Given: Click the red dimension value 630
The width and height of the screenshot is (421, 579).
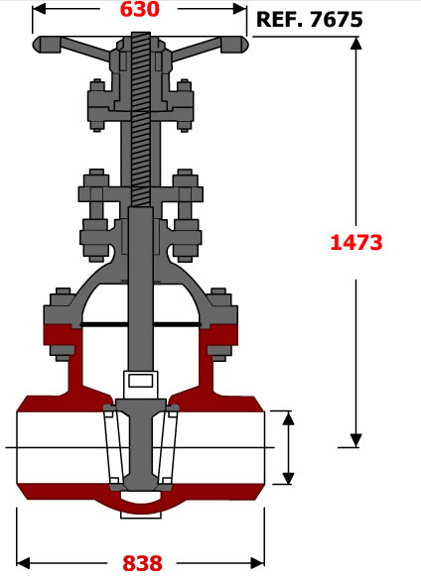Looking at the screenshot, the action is click(x=140, y=9).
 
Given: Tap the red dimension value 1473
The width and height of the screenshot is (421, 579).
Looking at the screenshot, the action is click(x=355, y=243).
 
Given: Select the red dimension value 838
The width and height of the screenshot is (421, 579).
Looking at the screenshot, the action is click(x=142, y=563).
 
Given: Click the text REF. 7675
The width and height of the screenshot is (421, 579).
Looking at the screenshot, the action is click(x=309, y=19).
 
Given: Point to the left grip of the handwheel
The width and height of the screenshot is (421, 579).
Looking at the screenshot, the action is click(x=47, y=45).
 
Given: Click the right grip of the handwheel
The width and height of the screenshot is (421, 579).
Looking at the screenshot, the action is click(x=234, y=45).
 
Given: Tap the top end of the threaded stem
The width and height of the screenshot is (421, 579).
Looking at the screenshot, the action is click(x=141, y=34).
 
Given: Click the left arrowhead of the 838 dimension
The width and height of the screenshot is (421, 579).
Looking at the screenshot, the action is click(x=23, y=563).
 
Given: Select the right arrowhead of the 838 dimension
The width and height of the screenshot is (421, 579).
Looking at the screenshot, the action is click(x=258, y=563).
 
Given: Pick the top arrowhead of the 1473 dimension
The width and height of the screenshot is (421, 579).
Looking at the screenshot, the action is click(x=355, y=44).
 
